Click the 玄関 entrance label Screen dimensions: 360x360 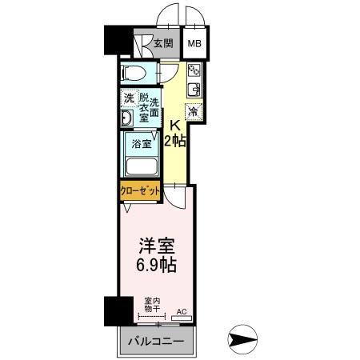click(x=163, y=45)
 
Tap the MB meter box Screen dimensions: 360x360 click(x=194, y=45)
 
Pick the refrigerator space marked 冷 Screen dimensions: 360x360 click(x=194, y=110)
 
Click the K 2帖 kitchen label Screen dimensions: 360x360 click(x=175, y=132)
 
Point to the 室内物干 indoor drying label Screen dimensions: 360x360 click(x=150, y=305)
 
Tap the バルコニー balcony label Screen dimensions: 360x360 click(x=156, y=342)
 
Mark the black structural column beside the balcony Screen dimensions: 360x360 click(x=115, y=310)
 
